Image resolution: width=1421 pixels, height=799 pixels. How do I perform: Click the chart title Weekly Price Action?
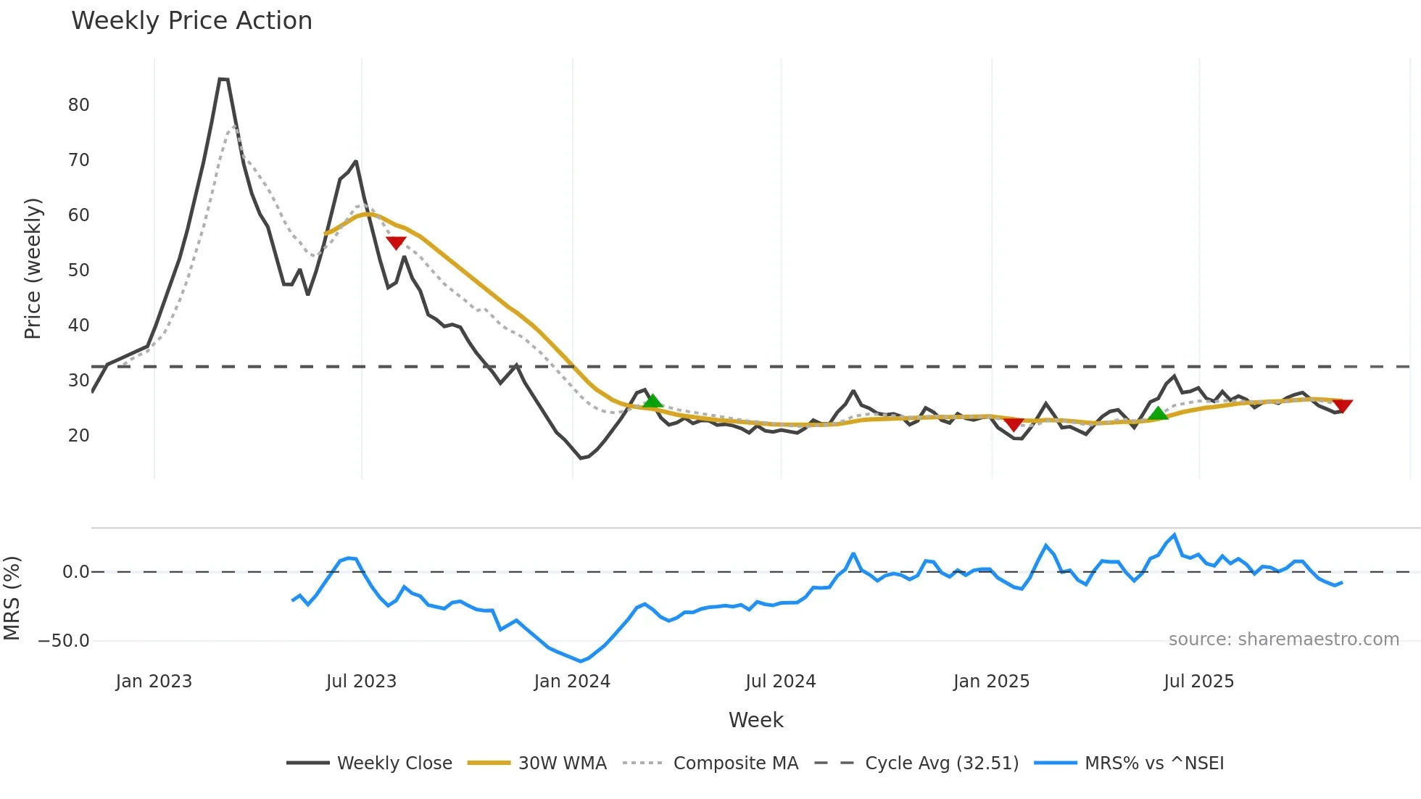pos(191,21)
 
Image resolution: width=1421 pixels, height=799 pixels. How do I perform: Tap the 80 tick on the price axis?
pos(78,105)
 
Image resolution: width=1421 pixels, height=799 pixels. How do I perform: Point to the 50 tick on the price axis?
pos(78,270)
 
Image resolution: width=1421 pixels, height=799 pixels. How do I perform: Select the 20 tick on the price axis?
pos(78,436)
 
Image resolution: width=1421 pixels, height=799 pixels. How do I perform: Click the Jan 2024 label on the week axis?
pos(572,682)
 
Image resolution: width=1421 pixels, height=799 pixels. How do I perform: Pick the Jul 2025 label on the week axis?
pos(1198,682)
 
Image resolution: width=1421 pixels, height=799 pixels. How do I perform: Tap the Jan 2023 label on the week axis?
pos(154,682)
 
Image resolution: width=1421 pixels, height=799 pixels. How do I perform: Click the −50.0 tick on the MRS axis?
pos(64,641)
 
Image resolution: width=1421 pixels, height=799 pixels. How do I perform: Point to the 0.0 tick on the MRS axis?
pos(75,572)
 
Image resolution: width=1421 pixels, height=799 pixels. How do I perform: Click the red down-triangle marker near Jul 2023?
pos(396,243)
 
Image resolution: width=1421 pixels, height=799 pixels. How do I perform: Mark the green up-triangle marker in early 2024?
pos(652,401)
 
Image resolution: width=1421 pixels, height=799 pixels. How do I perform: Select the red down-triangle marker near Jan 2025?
pos(1014,424)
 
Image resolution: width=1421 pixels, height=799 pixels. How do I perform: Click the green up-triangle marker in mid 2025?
pos(1158,413)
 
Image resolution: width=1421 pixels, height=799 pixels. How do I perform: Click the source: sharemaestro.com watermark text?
pos(1283,639)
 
